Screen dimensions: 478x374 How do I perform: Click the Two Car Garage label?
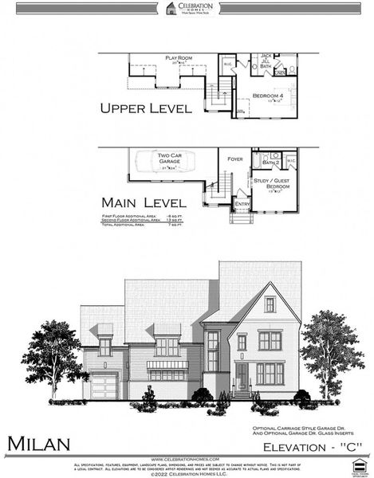pos(170,158)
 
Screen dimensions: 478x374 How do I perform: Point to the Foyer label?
pos(234,159)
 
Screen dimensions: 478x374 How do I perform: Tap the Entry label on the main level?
pos(241,205)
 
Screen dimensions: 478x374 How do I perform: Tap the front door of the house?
pos(242,377)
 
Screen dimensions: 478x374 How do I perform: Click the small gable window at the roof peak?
pos(270,304)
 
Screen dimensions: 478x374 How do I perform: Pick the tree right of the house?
pos(333,351)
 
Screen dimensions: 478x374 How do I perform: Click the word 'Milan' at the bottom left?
pos(40,443)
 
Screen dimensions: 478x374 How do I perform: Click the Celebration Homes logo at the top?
pos(186,10)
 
